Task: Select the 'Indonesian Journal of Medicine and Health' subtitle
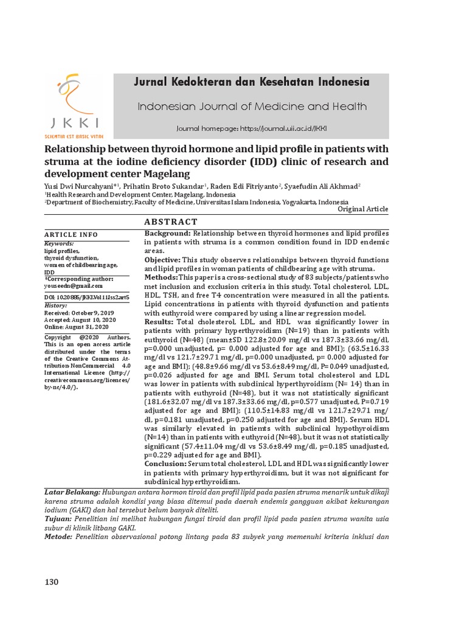252,107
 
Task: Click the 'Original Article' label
362,209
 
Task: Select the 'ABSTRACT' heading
171,222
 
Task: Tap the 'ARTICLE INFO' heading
71,235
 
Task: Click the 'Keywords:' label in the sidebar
60,243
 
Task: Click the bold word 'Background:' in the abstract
168,234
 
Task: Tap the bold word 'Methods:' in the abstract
162,277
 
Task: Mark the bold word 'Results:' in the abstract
158,321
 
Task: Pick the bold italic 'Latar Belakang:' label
72,490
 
